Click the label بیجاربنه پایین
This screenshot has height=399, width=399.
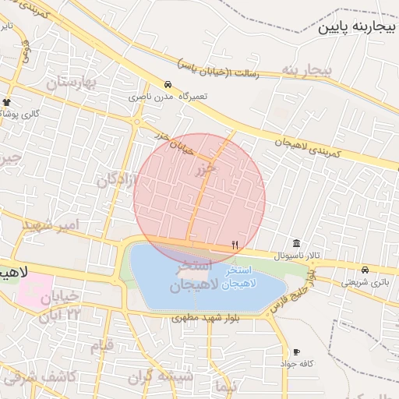point(356,27)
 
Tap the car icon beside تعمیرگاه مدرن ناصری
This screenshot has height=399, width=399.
point(168,84)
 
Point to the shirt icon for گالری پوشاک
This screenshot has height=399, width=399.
point(7,102)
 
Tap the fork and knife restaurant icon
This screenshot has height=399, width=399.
point(235,245)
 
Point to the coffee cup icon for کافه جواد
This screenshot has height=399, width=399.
point(296,351)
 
